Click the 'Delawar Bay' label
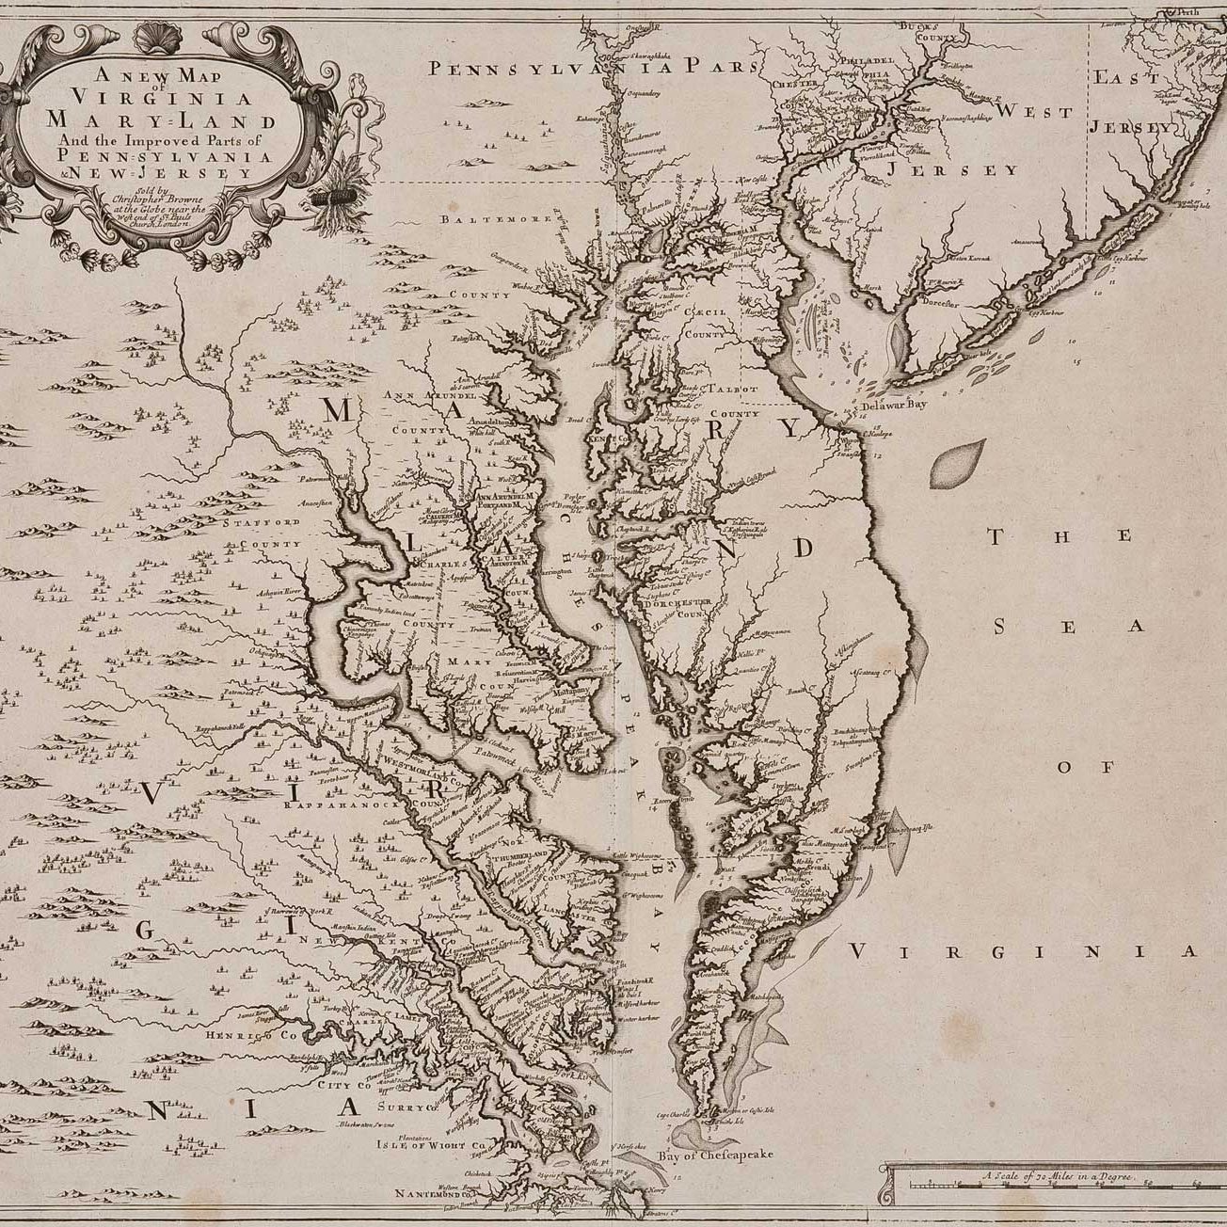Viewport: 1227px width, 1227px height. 896,406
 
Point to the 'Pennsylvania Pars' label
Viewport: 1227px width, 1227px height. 592,67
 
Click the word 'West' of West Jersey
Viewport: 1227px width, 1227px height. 1035,112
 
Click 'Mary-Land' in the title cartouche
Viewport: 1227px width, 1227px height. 150,120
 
